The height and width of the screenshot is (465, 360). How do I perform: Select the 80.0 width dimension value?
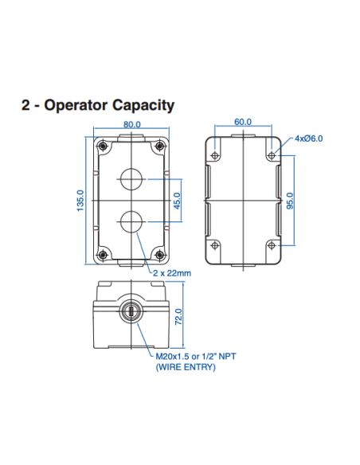tap(132, 124)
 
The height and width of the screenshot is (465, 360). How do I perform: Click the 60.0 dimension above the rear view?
tap(244, 122)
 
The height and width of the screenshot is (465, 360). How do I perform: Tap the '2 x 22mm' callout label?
tap(172, 273)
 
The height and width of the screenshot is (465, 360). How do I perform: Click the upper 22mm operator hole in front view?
tap(131, 178)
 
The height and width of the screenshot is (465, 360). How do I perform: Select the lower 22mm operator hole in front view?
tap(131, 221)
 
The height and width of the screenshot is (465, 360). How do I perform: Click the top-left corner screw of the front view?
tap(103, 146)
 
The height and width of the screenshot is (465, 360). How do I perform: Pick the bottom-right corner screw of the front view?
tap(159, 255)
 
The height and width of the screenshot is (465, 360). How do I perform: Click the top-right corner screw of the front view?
tap(159, 146)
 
